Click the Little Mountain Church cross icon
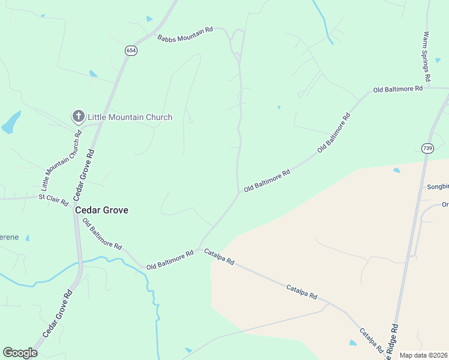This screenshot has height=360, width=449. [x=77, y=116]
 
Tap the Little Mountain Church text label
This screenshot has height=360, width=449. [x=130, y=117]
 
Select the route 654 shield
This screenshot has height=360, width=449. [x=131, y=51]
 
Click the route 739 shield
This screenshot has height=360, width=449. [x=427, y=148]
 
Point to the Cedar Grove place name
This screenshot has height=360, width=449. [x=101, y=211]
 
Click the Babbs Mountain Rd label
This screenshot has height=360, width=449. [x=185, y=34]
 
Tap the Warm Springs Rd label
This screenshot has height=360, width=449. [x=427, y=56]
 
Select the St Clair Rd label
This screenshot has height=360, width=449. [x=53, y=199]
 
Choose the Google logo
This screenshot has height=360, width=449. [x=20, y=352]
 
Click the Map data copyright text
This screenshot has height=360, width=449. [x=423, y=355]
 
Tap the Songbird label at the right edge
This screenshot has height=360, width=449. [x=438, y=187]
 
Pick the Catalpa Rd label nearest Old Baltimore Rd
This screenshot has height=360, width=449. [x=218, y=257]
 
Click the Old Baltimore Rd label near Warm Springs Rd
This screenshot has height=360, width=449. [x=397, y=89]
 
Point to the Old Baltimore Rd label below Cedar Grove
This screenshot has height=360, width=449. [x=102, y=235]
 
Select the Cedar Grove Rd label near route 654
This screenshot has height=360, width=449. [x=84, y=175]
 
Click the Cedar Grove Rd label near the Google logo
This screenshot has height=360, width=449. [x=57, y=314]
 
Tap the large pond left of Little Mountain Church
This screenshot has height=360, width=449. [x=11, y=122]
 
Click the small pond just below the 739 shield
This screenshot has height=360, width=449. [x=396, y=170]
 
